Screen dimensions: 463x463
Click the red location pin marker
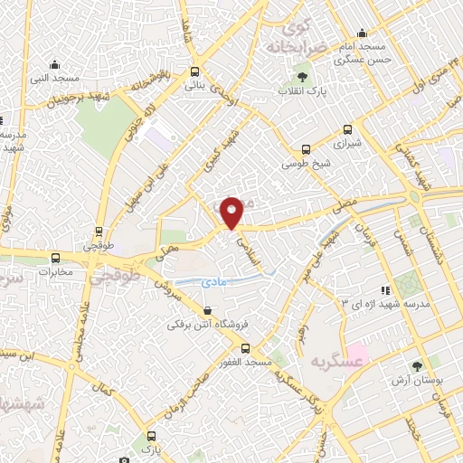pos(231,213)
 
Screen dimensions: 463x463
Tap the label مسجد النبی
pos(55,79)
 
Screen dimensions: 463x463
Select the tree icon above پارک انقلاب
pos(301,77)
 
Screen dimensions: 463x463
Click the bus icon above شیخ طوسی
pos(306,149)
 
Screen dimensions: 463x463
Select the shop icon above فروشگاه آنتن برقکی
pos(207,311)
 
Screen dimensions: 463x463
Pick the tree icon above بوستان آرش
pos(417,366)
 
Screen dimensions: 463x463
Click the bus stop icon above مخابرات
pos(56,257)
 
